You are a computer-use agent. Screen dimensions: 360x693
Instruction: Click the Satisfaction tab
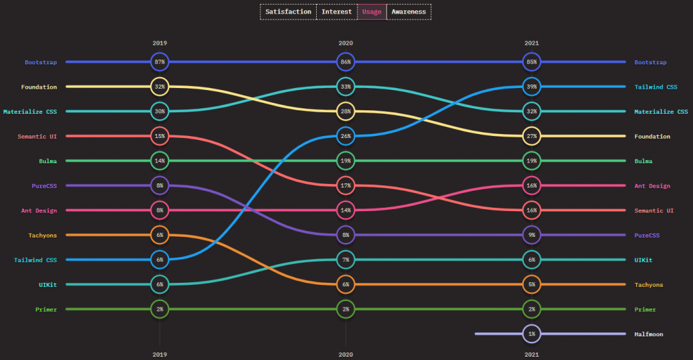pos(288,12)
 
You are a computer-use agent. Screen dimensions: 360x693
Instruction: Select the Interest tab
pos(336,12)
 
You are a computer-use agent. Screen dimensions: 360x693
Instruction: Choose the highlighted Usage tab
pos(372,12)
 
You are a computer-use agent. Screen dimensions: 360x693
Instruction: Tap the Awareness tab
pos(409,12)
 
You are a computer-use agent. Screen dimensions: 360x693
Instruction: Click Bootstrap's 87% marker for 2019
pos(160,62)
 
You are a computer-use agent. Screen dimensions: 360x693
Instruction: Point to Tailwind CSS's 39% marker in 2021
pos(531,87)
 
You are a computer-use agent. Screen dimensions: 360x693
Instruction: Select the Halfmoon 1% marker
pos(531,334)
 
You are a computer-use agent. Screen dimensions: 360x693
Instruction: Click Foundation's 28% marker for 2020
pos(346,111)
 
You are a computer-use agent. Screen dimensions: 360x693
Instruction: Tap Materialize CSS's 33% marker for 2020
pos(346,87)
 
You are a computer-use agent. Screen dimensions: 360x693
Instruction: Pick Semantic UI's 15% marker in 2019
pos(160,136)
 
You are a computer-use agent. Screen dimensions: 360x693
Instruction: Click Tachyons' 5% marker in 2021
pos(531,284)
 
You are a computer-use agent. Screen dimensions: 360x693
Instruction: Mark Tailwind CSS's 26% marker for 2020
pos(346,136)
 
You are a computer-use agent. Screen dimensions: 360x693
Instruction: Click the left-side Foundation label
pos(39,87)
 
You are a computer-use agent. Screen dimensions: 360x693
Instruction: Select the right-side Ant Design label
pos(652,185)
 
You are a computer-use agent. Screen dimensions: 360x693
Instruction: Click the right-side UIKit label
pos(645,260)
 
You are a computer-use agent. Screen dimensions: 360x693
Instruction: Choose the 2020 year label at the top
pos(346,43)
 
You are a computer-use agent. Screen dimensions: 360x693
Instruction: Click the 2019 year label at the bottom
pos(160,353)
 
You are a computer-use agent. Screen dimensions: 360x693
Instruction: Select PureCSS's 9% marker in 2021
pos(531,235)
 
